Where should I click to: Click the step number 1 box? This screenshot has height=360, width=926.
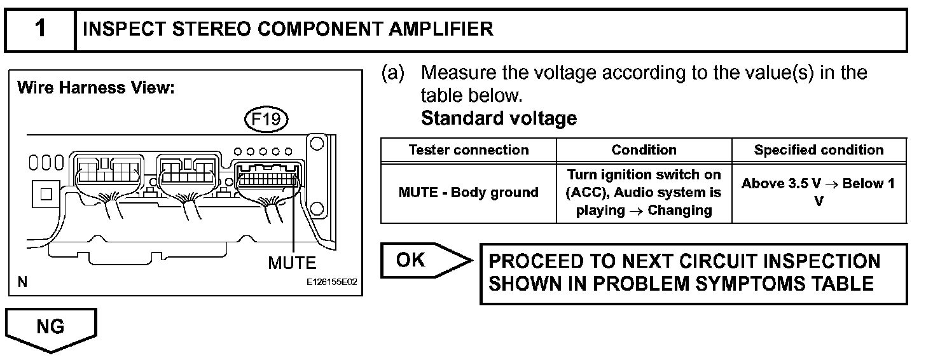[40, 29]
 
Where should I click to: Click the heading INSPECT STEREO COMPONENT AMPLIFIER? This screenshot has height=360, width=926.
[288, 29]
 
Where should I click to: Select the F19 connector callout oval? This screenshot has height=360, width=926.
[266, 120]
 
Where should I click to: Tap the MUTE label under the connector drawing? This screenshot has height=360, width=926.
[292, 263]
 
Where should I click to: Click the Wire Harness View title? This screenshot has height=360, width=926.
[96, 88]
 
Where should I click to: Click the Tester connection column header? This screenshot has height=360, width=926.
[469, 150]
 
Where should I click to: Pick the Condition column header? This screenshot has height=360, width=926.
[644, 150]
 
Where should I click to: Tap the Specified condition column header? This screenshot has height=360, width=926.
[819, 150]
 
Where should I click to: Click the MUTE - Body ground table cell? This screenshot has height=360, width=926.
[469, 192]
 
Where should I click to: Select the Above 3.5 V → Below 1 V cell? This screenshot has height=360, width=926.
[819, 192]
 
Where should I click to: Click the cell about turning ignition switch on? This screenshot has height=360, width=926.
[644, 192]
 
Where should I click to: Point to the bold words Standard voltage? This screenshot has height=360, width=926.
[499, 118]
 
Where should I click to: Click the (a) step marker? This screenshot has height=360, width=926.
[392, 73]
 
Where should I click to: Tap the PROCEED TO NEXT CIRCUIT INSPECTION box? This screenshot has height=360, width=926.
[693, 273]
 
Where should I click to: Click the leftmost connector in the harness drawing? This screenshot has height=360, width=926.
[107, 172]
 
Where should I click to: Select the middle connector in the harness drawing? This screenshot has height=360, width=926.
[187, 172]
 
